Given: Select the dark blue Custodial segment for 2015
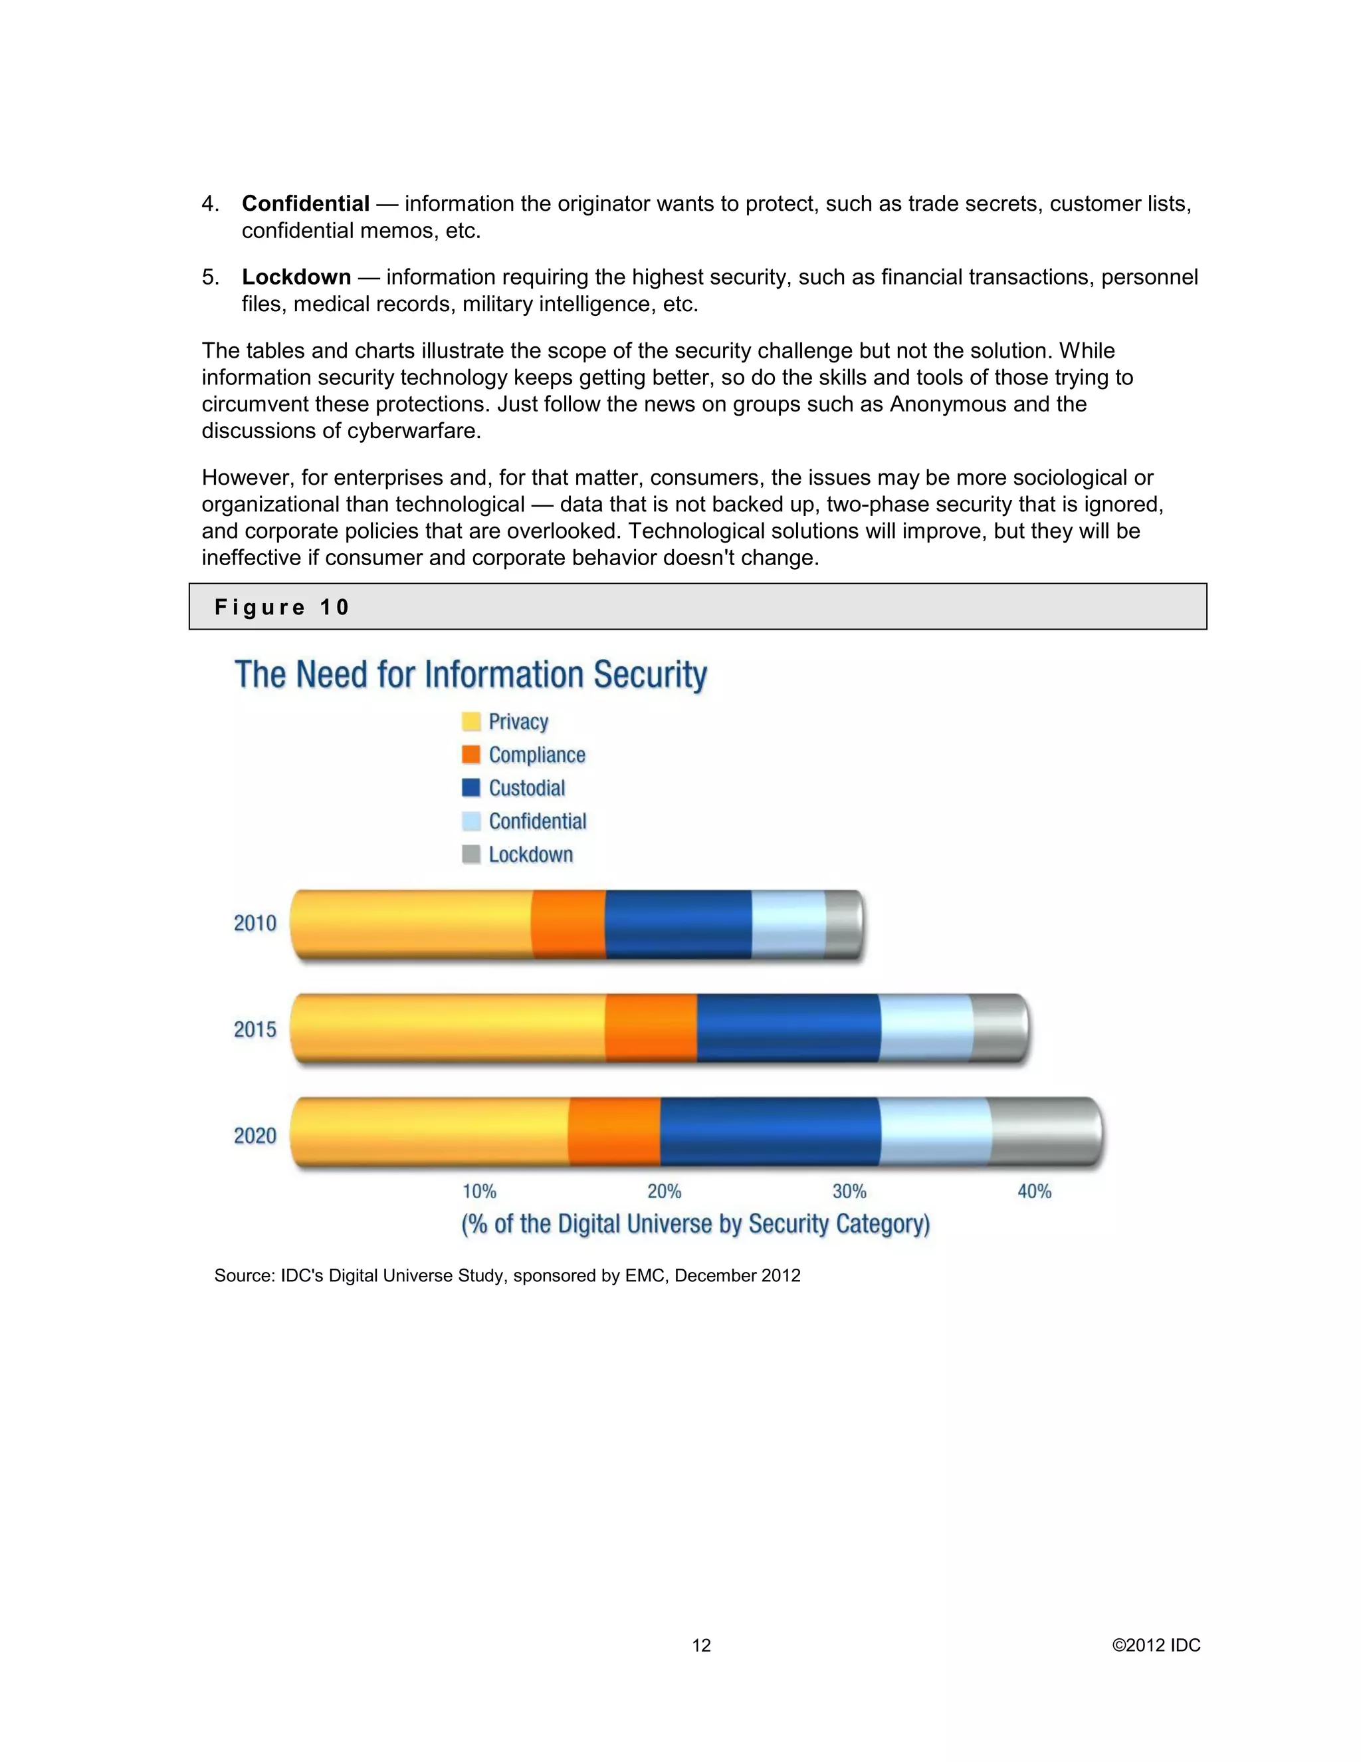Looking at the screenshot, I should click(x=787, y=1028).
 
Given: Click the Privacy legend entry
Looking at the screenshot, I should click(x=518, y=721).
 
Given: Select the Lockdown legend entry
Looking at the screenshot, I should click(x=530, y=854).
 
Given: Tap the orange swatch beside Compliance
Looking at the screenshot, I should click(x=471, y=755).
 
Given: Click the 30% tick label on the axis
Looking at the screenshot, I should click(x=849, y=1192).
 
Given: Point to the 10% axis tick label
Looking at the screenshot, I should click(x=479, y=1192).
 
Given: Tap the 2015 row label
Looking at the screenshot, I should click(x=255, y=1029).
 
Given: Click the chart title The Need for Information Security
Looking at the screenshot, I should click(x=471, y=674).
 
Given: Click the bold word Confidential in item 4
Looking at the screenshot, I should click(x=306, y=203).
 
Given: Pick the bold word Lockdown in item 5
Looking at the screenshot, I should click(x=296, y=277).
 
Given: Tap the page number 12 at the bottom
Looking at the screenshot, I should click(x=702, y=1645).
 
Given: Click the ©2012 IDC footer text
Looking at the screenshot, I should click(x=1156, y=1645).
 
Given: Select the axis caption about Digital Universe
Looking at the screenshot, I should click(x=695, y=1224).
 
